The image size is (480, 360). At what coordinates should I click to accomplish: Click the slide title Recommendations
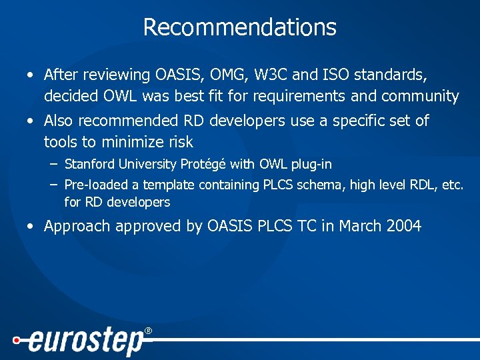click(x=239, y=27)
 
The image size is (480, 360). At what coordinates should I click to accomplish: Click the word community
click(x=420, y=97)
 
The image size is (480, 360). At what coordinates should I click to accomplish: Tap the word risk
click(x=180, y=142)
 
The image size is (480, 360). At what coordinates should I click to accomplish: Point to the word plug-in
click(x=307, y=164)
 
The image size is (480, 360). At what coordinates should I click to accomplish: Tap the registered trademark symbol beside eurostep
click(x=148, y=331)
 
